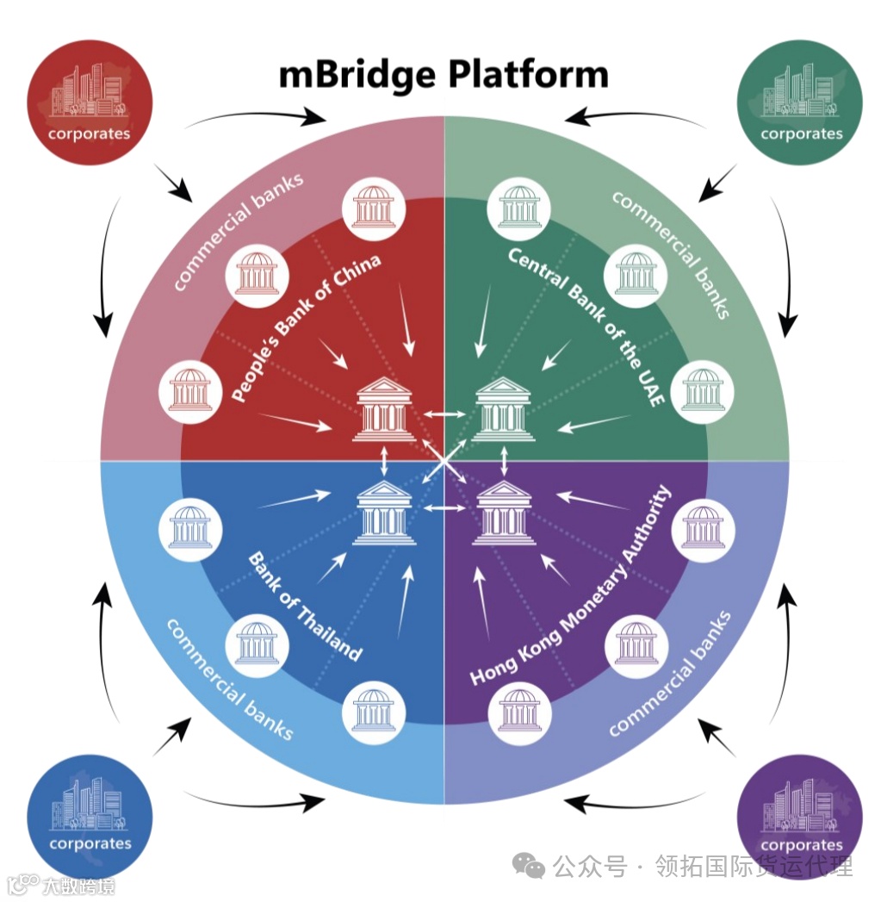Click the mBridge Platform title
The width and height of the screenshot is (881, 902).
click(x=444, y=74)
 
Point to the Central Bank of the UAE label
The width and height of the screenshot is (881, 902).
click(x=586, y=327)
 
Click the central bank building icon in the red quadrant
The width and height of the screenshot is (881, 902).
click(x=384, y=410)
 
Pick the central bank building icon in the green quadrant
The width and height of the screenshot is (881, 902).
click(x=504, y=410)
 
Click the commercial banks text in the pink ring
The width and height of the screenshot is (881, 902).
click(x=238, y=231)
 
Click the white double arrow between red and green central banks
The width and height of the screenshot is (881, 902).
click(x=444, y=415)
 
